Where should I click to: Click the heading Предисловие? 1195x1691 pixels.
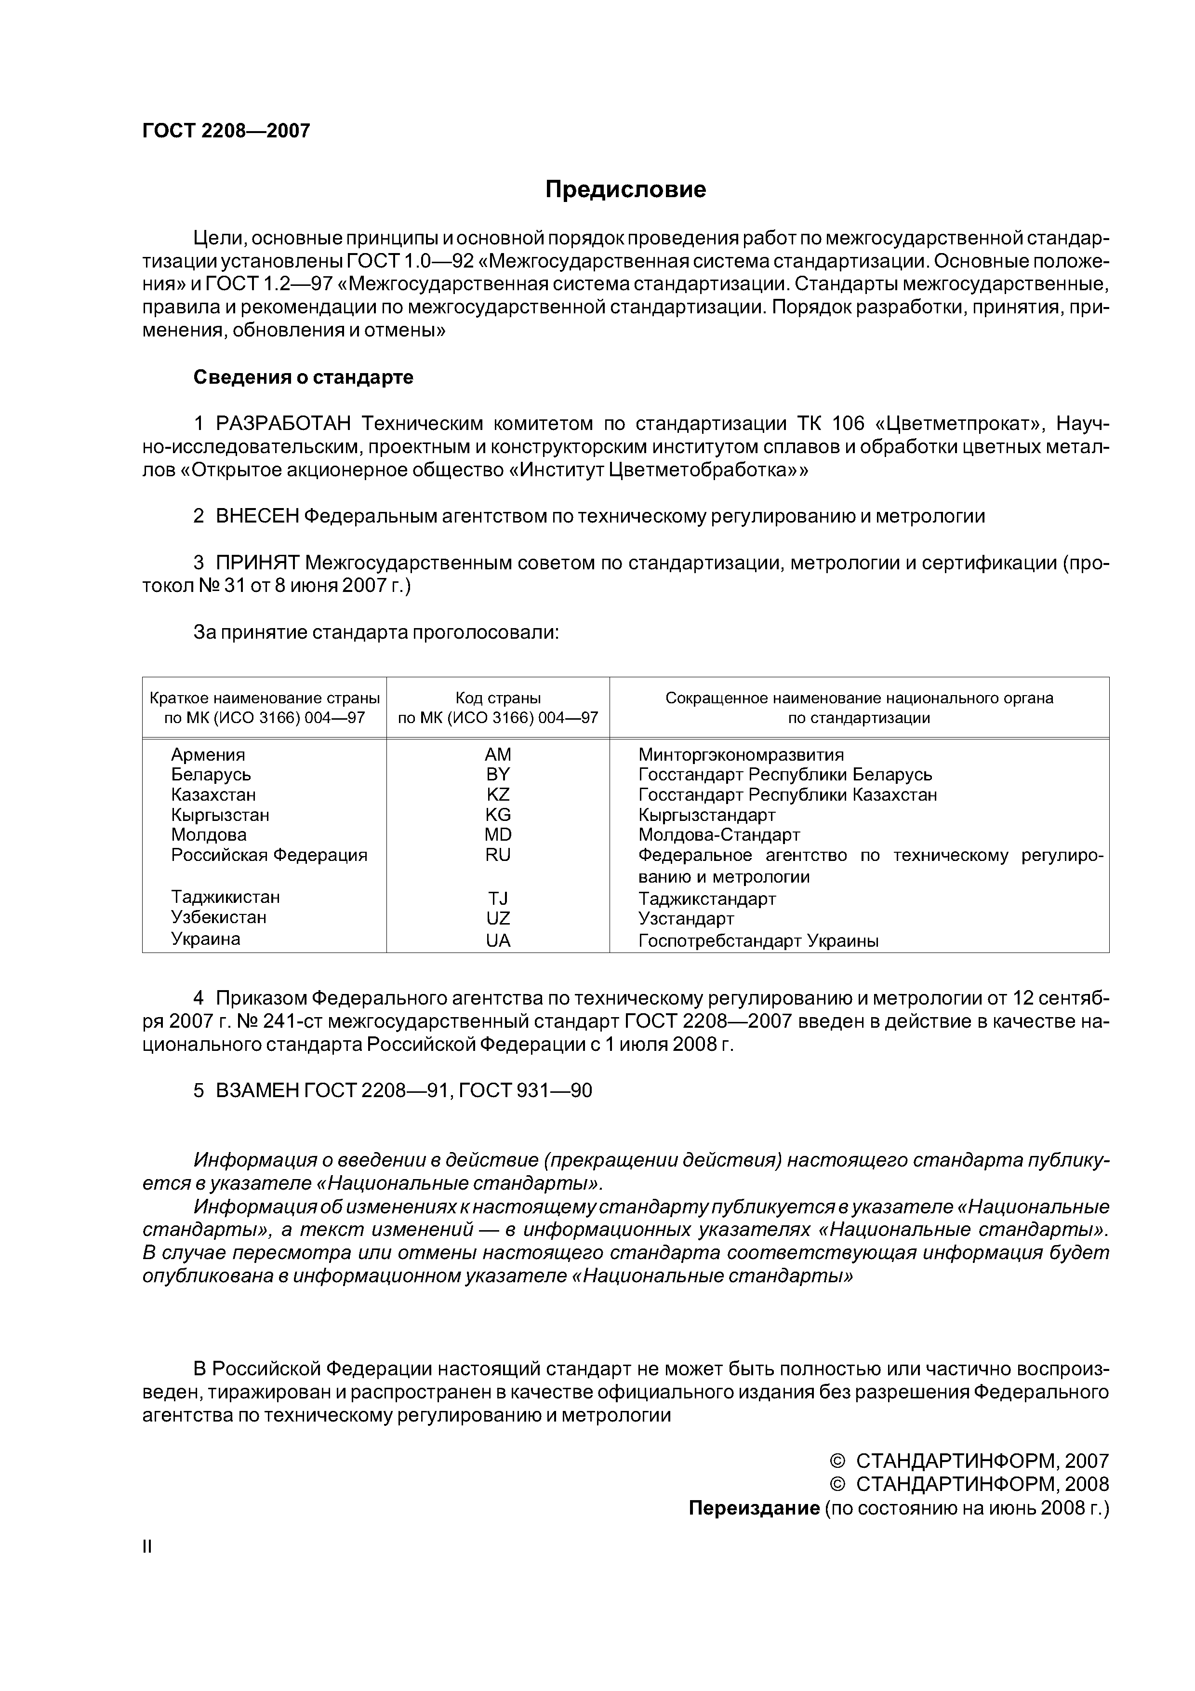click(x=625, y=189)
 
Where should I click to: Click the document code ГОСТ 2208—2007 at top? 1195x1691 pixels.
click(x=226, y=131)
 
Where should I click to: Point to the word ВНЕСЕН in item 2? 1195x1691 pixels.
click(x=257, y=516)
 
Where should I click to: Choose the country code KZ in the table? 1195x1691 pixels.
click(x=498, y=795)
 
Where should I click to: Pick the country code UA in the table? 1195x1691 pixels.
click(x=498, y=940)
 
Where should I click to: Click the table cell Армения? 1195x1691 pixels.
click(x=208, y=755)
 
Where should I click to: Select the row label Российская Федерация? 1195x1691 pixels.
click(x=269, y=855)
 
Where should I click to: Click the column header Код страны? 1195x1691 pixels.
click(x=498, y=698)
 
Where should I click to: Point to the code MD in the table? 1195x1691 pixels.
click(x=498, y=835)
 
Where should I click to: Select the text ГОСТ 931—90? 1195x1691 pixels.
click(x=524, y=1091)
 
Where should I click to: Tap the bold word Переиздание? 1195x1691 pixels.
click(x=753, y=1508)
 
